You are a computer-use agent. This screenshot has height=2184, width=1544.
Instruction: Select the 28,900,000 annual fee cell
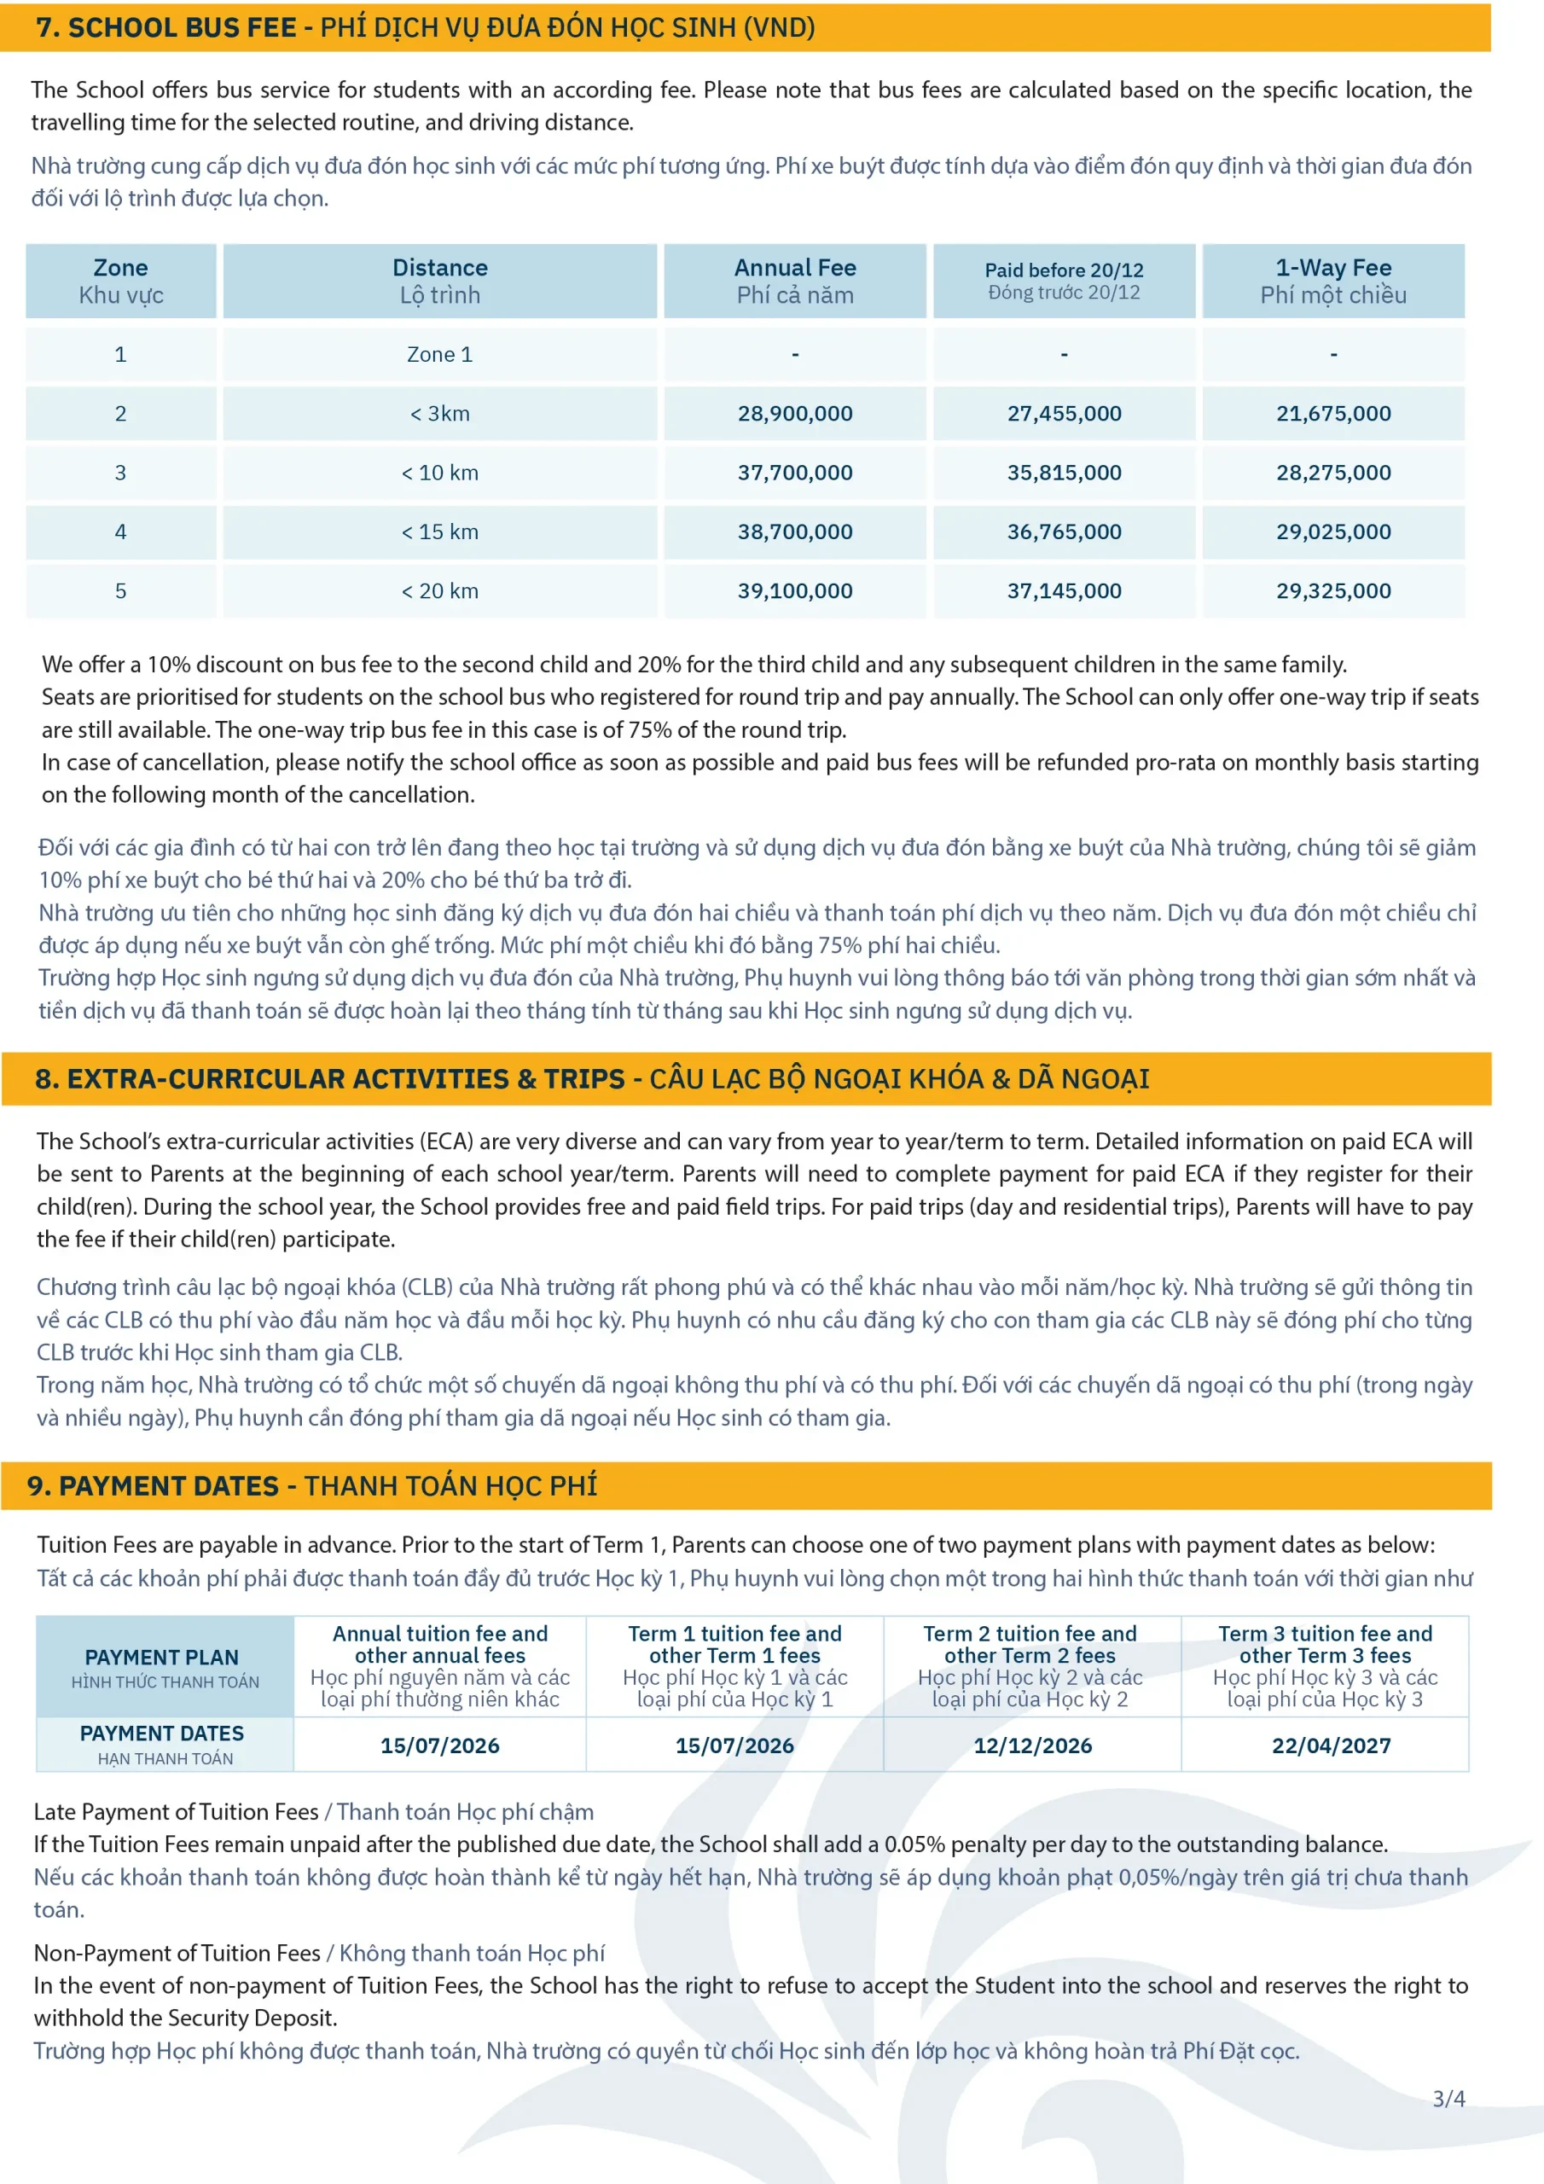pos(794,414)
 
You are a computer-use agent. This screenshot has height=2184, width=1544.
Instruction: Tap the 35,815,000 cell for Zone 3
pos(1064,473)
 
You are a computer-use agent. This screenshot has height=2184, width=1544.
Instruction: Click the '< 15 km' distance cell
pos(439,531)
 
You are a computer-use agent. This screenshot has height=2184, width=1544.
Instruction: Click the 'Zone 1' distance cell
pos(439,355)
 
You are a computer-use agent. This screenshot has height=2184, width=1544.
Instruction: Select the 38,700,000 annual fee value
pos(794,531)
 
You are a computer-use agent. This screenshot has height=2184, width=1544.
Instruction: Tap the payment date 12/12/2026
pos(1032,1745)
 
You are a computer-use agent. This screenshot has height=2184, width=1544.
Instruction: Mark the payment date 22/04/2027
pos(1331,1745)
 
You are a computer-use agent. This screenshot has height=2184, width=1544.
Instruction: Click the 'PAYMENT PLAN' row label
pos(162,1658)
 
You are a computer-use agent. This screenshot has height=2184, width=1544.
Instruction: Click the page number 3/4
pos(1448,2099)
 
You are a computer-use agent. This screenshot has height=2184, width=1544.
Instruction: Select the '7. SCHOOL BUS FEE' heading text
pos(166,27)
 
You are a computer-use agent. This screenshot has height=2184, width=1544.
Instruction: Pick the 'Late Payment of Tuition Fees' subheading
pos(176,1812)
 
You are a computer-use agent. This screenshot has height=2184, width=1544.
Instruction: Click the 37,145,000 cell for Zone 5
pos(1064,590)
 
